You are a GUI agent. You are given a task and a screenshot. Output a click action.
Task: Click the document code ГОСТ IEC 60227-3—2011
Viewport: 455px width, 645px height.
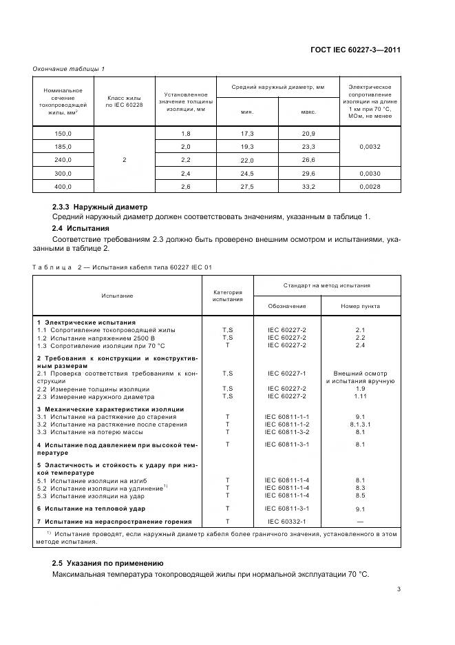tap(357, 50)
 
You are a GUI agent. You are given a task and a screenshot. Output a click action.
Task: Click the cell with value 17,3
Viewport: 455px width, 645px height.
tap(247, 132)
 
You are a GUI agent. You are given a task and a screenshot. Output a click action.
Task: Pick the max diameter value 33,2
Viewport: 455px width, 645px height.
tap(308, 187)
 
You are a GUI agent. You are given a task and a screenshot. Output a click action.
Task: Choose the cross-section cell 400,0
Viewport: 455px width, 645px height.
tap(63, 187)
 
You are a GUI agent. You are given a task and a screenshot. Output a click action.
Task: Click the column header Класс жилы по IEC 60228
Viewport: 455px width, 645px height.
tap(125, 101)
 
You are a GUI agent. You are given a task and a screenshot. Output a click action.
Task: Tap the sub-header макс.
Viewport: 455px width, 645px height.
tap(308, 112)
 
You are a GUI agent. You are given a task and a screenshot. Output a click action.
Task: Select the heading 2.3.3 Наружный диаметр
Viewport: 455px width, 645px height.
tap(100, 207)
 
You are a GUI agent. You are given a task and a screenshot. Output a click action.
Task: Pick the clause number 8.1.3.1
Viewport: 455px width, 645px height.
tap(360, 424)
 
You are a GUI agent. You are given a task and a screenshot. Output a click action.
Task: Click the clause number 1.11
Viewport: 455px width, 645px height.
tap(360, 397)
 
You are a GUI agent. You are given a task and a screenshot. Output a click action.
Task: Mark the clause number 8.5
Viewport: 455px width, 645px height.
tap(360, 495)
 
